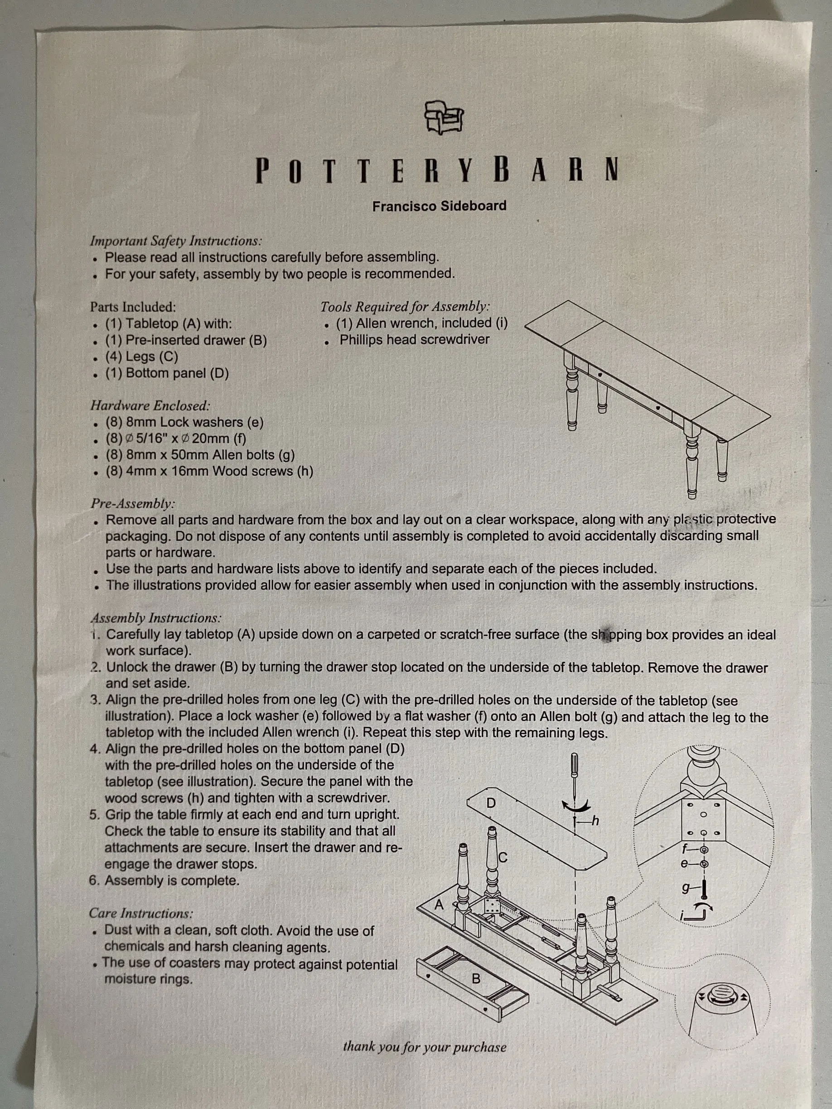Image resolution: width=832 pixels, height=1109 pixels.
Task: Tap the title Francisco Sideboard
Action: pyautogui.click(x=439, y=206)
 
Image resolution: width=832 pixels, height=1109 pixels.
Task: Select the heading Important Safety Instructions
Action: pyautogui.click(x=176, y=241)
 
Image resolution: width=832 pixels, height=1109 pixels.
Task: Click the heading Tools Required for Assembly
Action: pyautogui.click(x=405, y=306)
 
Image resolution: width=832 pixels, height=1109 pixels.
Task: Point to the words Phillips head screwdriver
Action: pyautogui.click(x=414, y=339)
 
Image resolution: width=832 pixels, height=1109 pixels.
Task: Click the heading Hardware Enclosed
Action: pyautogui.click(x=150, y=405)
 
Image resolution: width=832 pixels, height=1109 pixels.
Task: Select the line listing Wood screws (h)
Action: pyautogui.click(x=209, y=471)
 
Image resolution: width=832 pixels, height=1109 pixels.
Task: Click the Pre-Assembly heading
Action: pyautogui.click(x=133, y=503)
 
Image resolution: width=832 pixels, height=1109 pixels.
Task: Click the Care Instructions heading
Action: pyautogui.click(x=141, y=913)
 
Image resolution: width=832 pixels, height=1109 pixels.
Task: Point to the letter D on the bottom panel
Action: pyautogui.click(x=491, y=803)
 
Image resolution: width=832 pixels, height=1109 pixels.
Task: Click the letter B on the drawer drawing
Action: pyautogui.click(x=476, y=978)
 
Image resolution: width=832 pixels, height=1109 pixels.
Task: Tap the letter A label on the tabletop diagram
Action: pyautogui.click(x=439, y=905)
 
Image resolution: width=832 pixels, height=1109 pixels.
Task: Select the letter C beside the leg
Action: pyautogui.click(x=503, y=858)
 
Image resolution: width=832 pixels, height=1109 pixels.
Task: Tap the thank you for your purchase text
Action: pyautogui.click(x=425, y=1047)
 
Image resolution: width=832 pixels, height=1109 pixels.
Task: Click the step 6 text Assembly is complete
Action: pyautogui.click(x=164, y=880)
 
